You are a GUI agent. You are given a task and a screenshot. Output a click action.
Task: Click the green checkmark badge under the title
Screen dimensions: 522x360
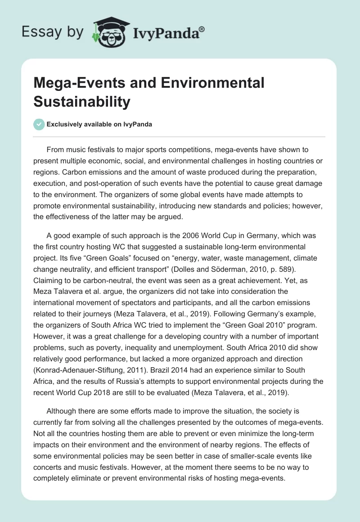pyautogui.click(x=39, y=124)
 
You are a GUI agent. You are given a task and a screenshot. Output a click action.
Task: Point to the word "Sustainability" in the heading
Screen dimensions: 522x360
pyautogui.click(x=82, y=102)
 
